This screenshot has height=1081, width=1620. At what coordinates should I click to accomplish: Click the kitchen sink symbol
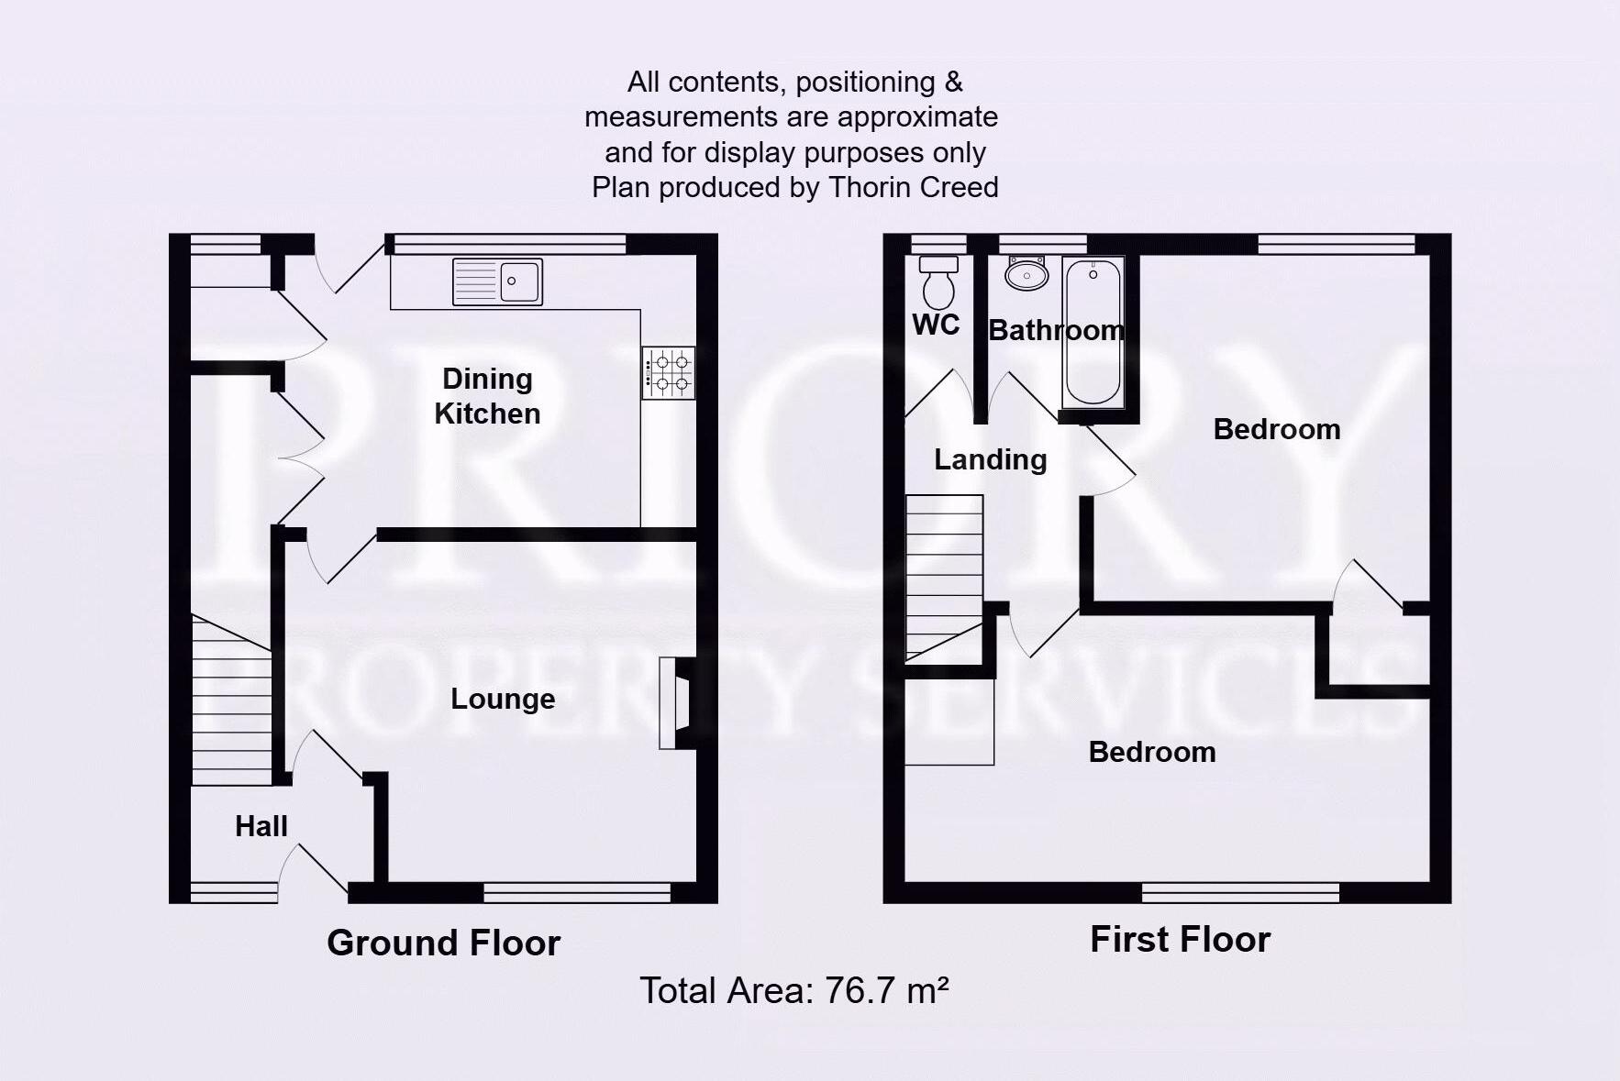point(498,281)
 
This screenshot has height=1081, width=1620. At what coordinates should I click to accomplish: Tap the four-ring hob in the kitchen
point(669,372)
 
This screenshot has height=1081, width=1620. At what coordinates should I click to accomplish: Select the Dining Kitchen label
point(487,396)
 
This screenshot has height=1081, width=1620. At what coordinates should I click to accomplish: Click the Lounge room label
point(503,699)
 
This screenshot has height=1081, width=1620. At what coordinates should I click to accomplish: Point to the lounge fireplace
point(677,703)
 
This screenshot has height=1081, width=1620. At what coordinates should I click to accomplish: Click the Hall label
point(261,826)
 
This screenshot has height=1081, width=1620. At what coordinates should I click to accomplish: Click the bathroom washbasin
point(1026,273)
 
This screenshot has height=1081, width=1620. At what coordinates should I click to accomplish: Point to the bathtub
point(1093,332)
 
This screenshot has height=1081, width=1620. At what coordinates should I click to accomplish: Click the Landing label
point(991,459)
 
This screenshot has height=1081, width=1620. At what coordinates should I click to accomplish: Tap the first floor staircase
point(944,578)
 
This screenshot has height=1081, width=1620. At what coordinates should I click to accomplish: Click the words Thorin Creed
point(913,187)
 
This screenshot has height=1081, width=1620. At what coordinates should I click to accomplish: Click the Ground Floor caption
point(443,943)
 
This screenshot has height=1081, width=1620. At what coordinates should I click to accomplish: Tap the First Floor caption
point(1180,939)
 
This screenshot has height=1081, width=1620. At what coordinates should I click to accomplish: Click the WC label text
point(936,325)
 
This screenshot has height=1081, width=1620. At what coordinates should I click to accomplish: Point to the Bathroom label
point(1056,330)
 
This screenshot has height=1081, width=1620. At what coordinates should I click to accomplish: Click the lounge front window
point(576,892)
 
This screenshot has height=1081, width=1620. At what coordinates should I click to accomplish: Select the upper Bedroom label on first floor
point(1276,429)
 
